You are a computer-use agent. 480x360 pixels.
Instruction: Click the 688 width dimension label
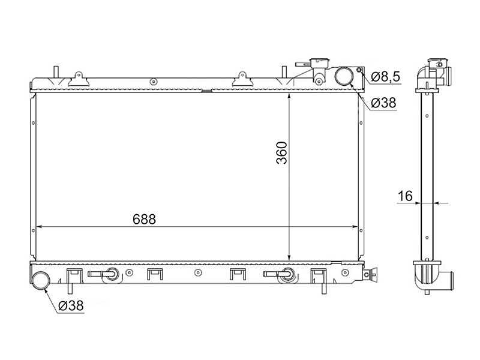tap(144, 219)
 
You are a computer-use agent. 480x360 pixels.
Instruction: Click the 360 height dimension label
tap(281, 153)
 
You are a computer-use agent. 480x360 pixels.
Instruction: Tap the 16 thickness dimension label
tap(405, 196)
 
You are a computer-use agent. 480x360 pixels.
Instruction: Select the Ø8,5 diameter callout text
tap(385, 77)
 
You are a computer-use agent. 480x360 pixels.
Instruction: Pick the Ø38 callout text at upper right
tap(383, 103)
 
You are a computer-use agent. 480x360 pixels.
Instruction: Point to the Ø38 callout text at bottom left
tap(71, 305)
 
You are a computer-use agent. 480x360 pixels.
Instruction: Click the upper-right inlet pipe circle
tap(344, 76)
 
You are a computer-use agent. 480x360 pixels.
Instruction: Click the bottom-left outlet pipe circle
tap(41, 280)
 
